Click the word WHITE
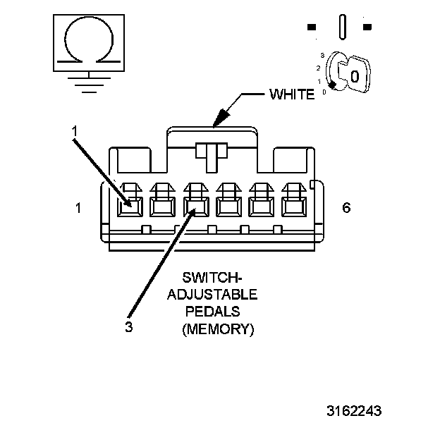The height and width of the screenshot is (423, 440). (x=292, y=94)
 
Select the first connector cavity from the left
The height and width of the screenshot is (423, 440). (x=129, y=207)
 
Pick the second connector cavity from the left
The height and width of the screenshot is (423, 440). (x=161, y=207)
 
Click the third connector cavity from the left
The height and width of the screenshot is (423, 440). (x=194, y=207)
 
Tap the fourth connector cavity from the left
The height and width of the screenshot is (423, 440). (x=227, y=207)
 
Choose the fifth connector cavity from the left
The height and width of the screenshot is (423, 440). (x=259, y=207)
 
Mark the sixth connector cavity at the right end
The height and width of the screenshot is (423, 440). (x=292, y=207)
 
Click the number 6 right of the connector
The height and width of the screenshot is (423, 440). (x=346, y=208)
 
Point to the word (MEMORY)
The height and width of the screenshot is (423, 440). (x=217, y=329)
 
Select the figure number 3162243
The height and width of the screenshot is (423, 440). (x=360, y=410)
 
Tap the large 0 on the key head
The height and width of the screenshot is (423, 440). (x=355, y=75)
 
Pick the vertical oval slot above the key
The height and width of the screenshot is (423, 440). (x=342, y=27)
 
